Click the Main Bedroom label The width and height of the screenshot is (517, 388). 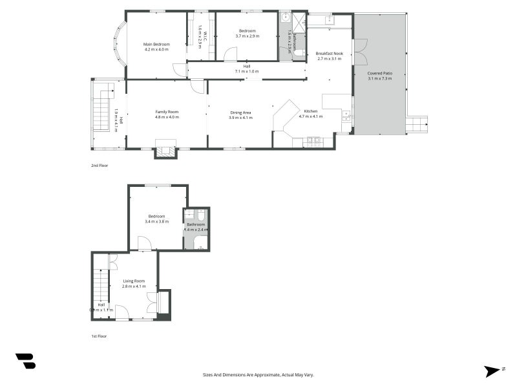click(x=156, y=44)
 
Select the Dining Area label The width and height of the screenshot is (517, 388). click(x=240, y=113)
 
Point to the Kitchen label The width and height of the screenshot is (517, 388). click(x=311, y=111)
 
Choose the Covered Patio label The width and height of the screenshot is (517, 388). click(x=380, y=73)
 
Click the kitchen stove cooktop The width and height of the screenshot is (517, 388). click(x=314, y=140)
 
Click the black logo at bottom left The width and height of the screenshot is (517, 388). click(x=25, y=361)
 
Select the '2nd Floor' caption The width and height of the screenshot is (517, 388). click(x=99, y=166)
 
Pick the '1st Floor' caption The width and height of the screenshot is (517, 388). click(x=99, y=336)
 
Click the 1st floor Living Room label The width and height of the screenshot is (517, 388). click(x=134, y=281)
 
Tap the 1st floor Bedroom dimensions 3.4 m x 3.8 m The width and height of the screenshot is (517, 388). click(x=157, y=222)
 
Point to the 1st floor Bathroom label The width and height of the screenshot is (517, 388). click(x=196, y=224)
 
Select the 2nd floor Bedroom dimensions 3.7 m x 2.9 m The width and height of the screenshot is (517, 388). click(x=248, y=36)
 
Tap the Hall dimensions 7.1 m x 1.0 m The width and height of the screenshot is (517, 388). click(x=247, y=71)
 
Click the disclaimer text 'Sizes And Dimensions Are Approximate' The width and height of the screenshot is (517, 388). click(x=258, y=374)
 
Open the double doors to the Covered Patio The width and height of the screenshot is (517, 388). click(x=360, y=52)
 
